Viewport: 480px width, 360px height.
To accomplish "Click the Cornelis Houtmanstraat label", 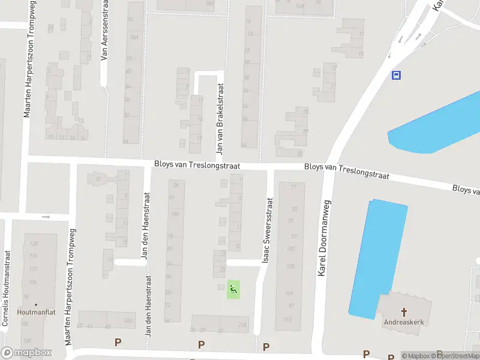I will (7, 289).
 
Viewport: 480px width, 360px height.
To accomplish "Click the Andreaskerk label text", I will (404, 322).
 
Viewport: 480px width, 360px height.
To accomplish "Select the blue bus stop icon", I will (396, 75).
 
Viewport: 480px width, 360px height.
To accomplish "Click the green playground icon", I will (233, 290).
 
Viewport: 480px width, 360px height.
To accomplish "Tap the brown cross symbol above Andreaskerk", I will (404, 312).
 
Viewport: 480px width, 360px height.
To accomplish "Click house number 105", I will (290, 266).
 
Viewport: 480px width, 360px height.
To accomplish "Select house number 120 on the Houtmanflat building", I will (34, 243).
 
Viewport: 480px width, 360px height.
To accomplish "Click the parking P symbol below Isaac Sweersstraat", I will (266, 346).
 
